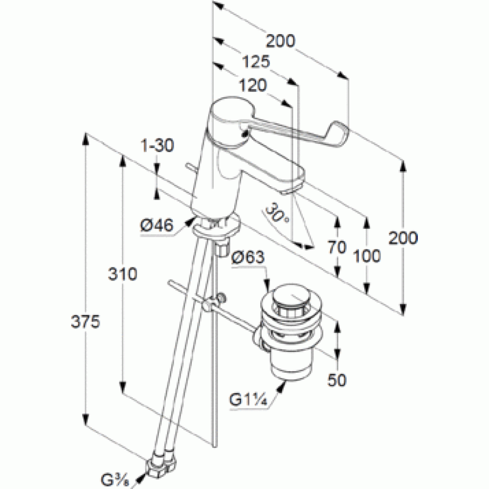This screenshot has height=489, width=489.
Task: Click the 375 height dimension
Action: coord(91,322)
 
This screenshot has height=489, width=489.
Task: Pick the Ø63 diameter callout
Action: coord(248,256)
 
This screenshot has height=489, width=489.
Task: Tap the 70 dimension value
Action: coord(337,247)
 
